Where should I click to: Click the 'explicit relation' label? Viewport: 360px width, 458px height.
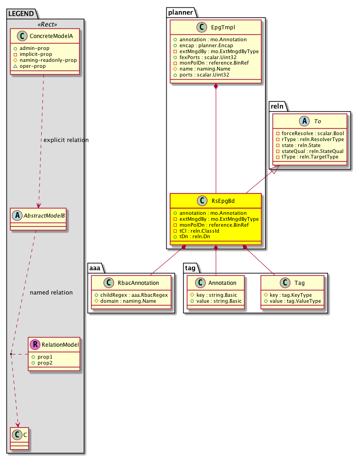pos(65,139)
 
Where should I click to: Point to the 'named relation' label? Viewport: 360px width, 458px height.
pos(51,292)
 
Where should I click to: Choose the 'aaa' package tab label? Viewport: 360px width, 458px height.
pos(96,267)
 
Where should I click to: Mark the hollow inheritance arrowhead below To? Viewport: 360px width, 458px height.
pos(274,170)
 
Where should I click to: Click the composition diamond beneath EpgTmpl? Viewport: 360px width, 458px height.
pos(216,87)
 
